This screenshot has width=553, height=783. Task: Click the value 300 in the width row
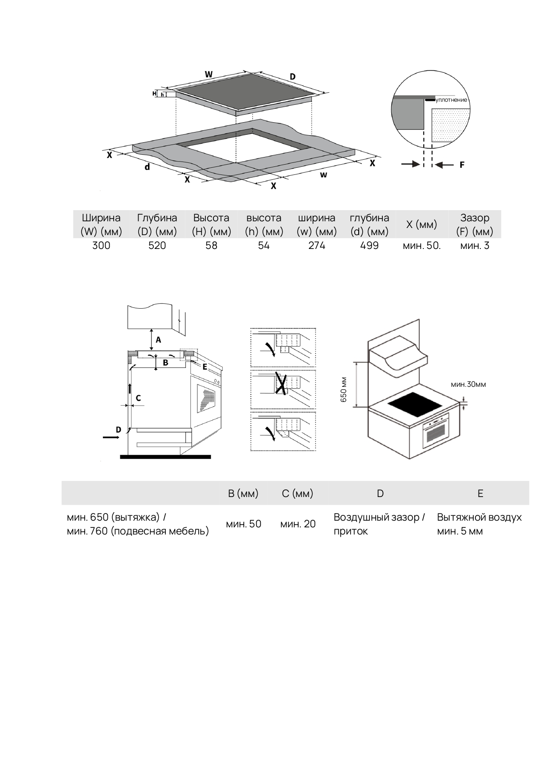(x=101, y=245)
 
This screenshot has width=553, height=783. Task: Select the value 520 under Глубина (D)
(x=157, y=245)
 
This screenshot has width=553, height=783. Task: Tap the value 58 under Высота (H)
(x=211, y=245)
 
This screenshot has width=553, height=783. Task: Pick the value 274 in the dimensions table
(x=317, y=245)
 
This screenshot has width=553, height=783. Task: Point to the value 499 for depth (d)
(x=369, y=245)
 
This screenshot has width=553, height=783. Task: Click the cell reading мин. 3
(x=475, y=245)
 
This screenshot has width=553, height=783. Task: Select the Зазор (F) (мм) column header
(x=475, y=224)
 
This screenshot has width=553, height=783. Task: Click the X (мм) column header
(x=422, y=224)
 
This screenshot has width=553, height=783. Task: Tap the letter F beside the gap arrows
(x=462, y=165)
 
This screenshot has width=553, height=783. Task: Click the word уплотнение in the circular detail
(x=451, y=100)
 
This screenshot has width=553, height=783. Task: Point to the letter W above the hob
(x=209, y=74)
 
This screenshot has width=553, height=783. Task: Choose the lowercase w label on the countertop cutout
(x=324, y=174)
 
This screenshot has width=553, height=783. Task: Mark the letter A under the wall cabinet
(x=158, y=340)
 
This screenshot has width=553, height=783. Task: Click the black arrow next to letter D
(x=111, y=438)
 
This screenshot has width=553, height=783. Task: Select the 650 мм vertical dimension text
(x=344, y=390)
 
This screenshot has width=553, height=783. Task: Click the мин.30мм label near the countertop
(x=468, y=384)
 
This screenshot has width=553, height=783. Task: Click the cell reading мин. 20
(x=298, y=524)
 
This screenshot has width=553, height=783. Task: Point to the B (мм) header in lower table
(x=243, y=493)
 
